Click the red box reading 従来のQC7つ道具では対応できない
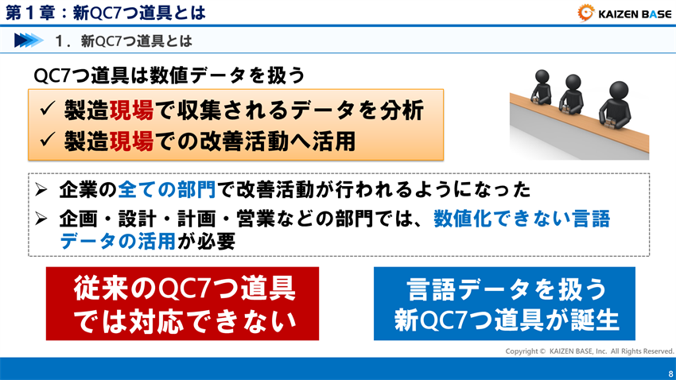click(182, 304)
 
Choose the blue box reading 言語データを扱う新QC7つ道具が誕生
click(504, 304)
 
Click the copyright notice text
click(589, 351)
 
